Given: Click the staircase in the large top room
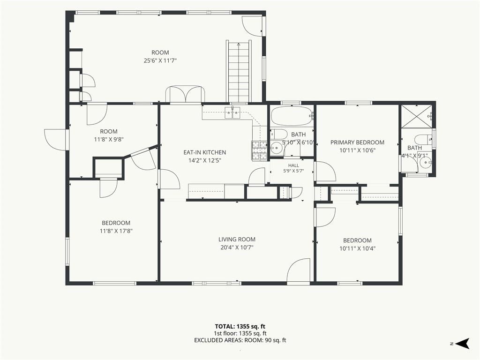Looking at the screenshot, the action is click(x=239, y=71).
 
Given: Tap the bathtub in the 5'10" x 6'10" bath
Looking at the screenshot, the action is click(x=291, y=116).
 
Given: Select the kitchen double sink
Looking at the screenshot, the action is click(x=232, y=112).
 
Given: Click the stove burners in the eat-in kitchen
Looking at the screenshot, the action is click(x=260, y=150).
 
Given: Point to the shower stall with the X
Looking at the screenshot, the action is click(x=416, y=116).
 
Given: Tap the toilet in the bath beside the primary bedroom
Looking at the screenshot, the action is click(x=426, y=139).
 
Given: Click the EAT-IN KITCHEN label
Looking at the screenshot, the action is click(x=205, y=152).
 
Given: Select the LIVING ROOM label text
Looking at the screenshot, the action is click(x=237, y=240).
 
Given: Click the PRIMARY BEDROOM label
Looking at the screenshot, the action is click(x=357, y=142).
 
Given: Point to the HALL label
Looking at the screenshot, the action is click(x=293, y=165).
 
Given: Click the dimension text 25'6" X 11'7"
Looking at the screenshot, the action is click(x=160, y=60).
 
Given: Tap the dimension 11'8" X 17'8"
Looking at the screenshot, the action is click(x=116, y=231).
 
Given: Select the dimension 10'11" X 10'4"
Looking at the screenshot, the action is click(x=357, y=248).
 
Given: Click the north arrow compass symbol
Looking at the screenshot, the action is click(x=463, y=343).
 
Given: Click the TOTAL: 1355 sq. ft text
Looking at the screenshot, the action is click(x=238, y=326).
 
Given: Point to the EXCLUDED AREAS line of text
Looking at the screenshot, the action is click(x=240, y=340).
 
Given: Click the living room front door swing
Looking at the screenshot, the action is click(x=298, y=272).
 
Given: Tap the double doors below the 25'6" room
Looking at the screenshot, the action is click(x=185, y=94).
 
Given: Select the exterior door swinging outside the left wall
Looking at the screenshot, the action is click(x=56, y=139).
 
